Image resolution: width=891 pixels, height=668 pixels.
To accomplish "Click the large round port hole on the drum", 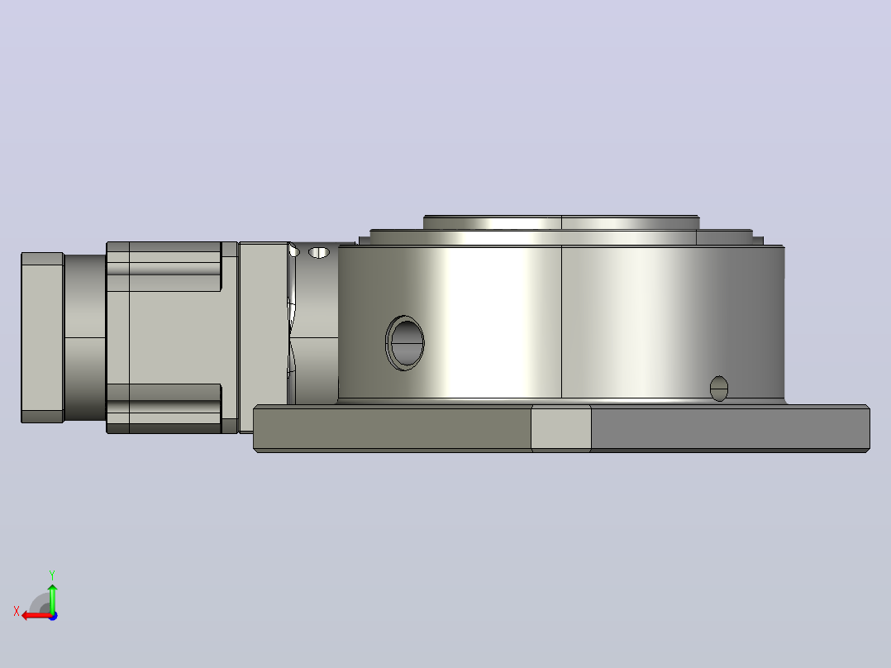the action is (x=405, y=343).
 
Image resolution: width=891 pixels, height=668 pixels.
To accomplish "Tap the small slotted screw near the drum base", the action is (x=719, y=389).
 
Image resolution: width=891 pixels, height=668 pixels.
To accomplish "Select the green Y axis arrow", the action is (x=52, y=598).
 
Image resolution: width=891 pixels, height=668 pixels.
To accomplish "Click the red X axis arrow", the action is (x=37, y=615).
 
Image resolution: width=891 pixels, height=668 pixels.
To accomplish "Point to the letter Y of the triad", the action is (x=52, y=575).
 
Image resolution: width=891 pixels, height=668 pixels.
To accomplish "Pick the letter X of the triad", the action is (x=17, y=611).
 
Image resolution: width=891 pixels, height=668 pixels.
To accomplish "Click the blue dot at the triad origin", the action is (x=54, y=616).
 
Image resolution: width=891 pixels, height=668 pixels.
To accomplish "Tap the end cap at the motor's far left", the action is (x=42, y=337).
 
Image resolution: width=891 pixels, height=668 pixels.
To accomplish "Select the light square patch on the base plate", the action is (x=561, y=428).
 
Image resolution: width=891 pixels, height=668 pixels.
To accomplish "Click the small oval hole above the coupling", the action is (x=319, y=252).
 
